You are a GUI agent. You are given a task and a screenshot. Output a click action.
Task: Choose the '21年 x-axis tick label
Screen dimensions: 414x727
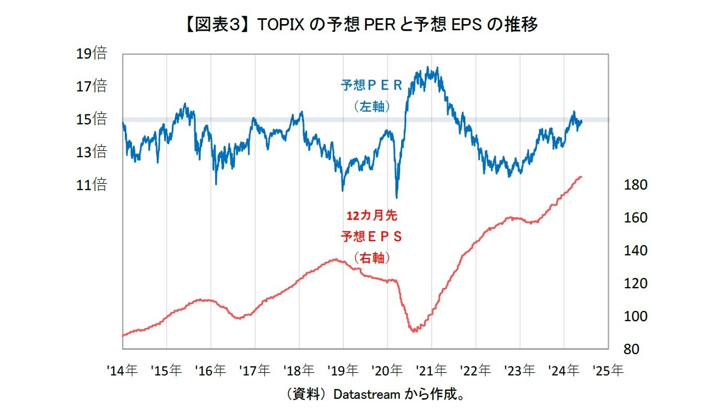pyautogui.click(x=431, y=371)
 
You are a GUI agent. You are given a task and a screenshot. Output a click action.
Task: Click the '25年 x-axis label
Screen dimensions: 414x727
pyautogui.click(x=608, y=371)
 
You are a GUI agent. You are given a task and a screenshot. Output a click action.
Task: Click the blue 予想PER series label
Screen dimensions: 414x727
pyautogui.click(x=372, y=86)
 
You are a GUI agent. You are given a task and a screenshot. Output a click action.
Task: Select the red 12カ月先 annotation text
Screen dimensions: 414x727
pyautogui.click(x=372, y=215)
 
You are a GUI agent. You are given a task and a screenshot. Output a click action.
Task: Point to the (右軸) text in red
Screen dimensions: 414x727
pyautogui.click(x=372, y=258)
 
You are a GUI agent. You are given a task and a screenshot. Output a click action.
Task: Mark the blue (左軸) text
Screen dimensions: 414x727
pyautogui.click(x=372, y=107)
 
